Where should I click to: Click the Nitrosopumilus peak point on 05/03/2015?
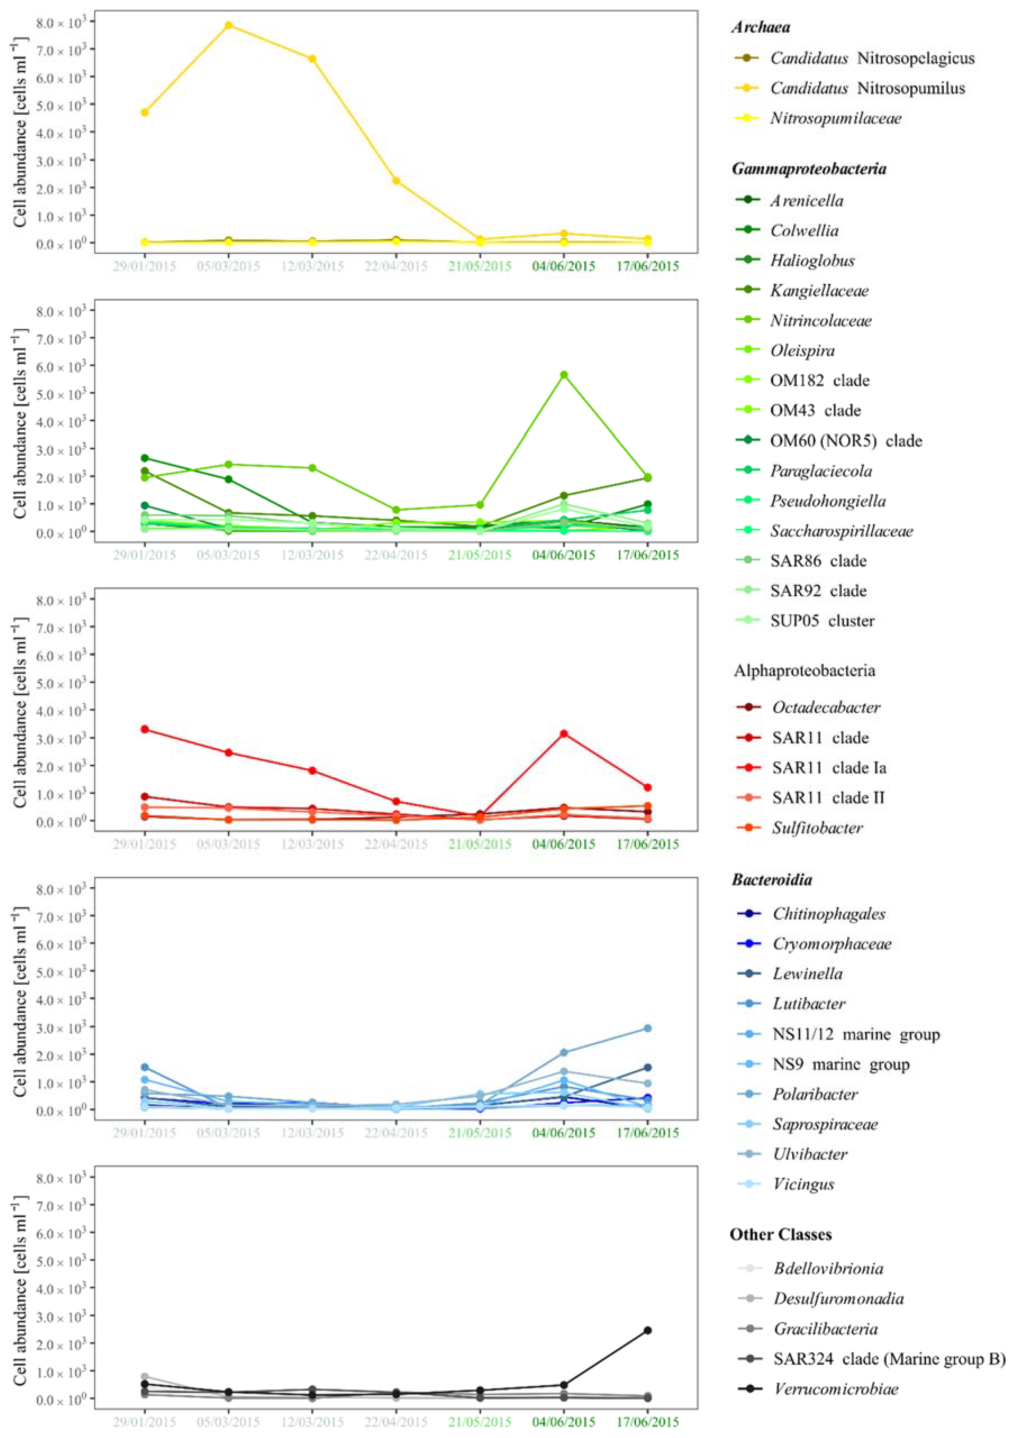point(228,25)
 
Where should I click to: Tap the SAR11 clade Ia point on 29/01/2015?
point(145,729)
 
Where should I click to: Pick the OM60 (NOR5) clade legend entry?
point(845,441)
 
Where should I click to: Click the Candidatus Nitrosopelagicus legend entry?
point(871,58)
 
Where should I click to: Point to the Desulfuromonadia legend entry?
point(838,1298)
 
